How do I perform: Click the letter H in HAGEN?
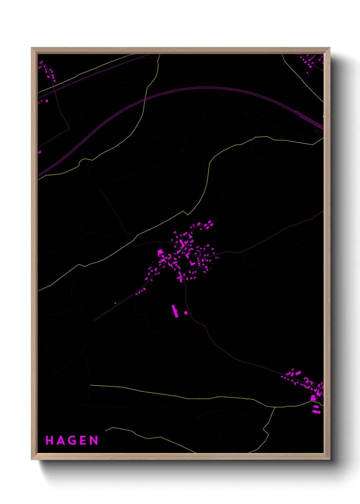49,440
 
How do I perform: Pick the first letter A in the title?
61,440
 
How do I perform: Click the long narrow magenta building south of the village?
175,311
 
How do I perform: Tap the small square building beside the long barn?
186,312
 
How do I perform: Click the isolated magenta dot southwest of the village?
115,303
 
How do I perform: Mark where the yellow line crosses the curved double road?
145,99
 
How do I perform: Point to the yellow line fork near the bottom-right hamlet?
275,407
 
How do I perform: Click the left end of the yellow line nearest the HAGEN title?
106,430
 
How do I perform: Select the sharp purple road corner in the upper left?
69,129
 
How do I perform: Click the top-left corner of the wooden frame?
32,48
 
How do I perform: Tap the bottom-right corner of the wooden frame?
329,459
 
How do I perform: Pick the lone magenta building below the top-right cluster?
308,73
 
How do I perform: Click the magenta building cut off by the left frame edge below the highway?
39,152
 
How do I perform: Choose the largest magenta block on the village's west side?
160,252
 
